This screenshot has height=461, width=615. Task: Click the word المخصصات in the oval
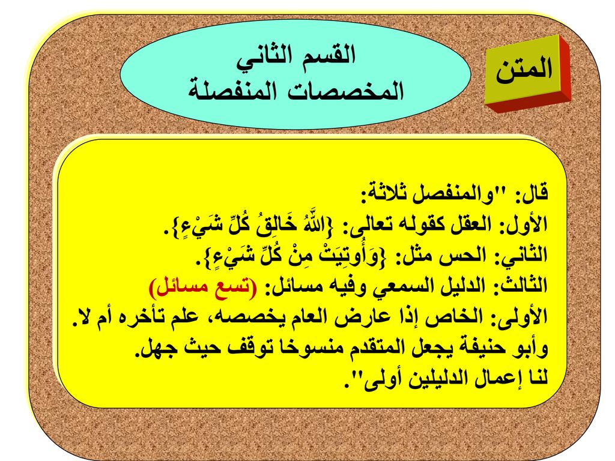345,91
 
